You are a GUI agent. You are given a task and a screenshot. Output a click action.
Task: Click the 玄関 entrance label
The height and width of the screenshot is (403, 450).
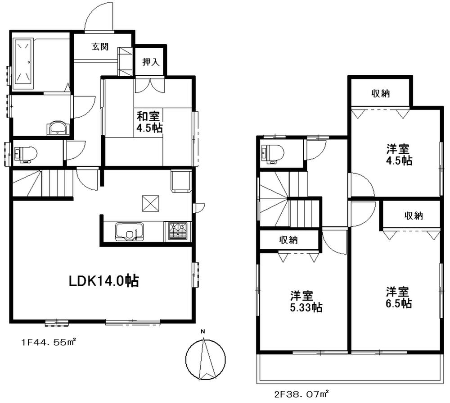click(100, 47)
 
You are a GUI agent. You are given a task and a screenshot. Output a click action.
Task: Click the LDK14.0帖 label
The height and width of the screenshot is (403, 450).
click(103, 281)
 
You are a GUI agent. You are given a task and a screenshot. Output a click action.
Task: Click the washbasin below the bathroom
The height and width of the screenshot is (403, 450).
click(58, 128)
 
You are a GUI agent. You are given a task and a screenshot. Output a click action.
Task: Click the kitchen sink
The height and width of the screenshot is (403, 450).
click(129, 232)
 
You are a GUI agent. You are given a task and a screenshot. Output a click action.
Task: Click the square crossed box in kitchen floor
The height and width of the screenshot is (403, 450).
click(150, 203)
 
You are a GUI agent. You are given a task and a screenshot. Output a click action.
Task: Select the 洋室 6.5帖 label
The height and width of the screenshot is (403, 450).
click(399, 297)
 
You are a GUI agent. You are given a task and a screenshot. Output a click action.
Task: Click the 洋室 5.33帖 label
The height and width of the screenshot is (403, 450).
click(306, 302)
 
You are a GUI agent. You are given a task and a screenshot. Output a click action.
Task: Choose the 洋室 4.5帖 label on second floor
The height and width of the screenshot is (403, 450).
click(399, 155)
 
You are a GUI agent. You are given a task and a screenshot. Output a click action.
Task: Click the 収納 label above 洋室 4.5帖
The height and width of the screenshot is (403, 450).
click(380, 93)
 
